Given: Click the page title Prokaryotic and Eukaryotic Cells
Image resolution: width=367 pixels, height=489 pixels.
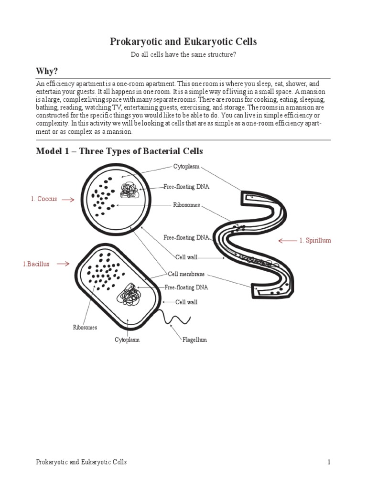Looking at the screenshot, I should pyautogui.click(x=183, y=42).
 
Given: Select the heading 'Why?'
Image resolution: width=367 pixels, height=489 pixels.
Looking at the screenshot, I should pyautogui.click(x=47, y=71).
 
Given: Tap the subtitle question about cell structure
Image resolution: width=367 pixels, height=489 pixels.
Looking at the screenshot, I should pyautogui.click(x=183, y=55).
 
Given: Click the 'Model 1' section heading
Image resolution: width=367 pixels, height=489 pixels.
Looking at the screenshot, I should pyautogui.click(x=119, y=151).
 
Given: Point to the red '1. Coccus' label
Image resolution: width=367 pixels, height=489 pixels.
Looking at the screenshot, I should pyautogui.click(x=44, y=199).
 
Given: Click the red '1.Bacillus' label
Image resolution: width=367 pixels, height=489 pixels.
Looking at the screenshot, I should pyautogui.click(x=36, y=264).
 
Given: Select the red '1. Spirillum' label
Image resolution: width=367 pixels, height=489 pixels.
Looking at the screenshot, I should pyautogui.click(x=315, y=241).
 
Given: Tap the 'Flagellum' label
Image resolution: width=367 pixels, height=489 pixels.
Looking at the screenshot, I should pyautogui.click(x=194, y=340).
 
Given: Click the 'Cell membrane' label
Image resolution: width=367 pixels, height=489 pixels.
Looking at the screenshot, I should pyautogui.click(x=186, y=274).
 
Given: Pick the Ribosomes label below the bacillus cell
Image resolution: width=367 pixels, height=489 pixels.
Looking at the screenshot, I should pyautogui.click(x=85, y=328).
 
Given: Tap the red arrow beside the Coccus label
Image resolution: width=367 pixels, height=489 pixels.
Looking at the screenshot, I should pyautogui.click(x=68, y=200).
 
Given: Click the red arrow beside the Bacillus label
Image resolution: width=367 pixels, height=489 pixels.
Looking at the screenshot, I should pyautogui.click(x=63, y=264).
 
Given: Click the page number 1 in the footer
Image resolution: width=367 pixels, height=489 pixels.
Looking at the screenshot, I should pyautogui.click(x=329, y=462).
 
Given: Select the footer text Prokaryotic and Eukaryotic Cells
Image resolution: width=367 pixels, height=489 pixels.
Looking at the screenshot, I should pyautogui.click(x=81, y=462).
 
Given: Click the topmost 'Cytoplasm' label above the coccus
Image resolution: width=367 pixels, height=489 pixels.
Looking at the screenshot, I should pyautogui.click(x=186, y=167).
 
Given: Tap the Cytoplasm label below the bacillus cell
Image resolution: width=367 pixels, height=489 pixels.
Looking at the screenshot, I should pyautogui.click(x=127, y=340).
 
